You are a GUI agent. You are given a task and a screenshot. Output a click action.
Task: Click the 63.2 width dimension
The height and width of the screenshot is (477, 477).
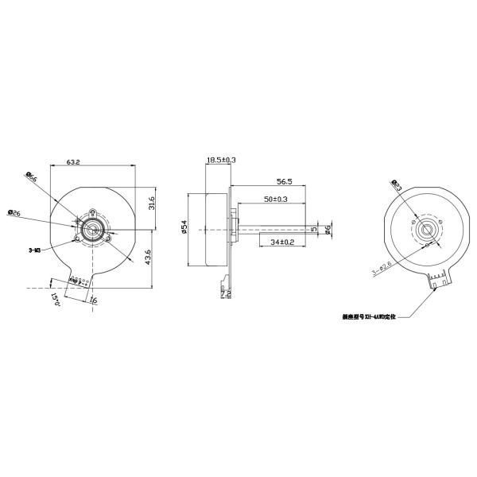pos(72,162)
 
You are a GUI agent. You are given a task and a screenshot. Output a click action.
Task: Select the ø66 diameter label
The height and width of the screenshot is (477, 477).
pos(32,179)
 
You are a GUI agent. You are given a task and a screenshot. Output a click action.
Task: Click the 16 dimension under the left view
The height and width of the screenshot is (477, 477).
pos(92,301)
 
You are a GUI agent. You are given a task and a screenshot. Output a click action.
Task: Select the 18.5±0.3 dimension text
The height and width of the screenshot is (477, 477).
pos(221,160)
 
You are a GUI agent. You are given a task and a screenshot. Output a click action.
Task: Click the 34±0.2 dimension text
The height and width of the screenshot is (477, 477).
pos(282,240)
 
